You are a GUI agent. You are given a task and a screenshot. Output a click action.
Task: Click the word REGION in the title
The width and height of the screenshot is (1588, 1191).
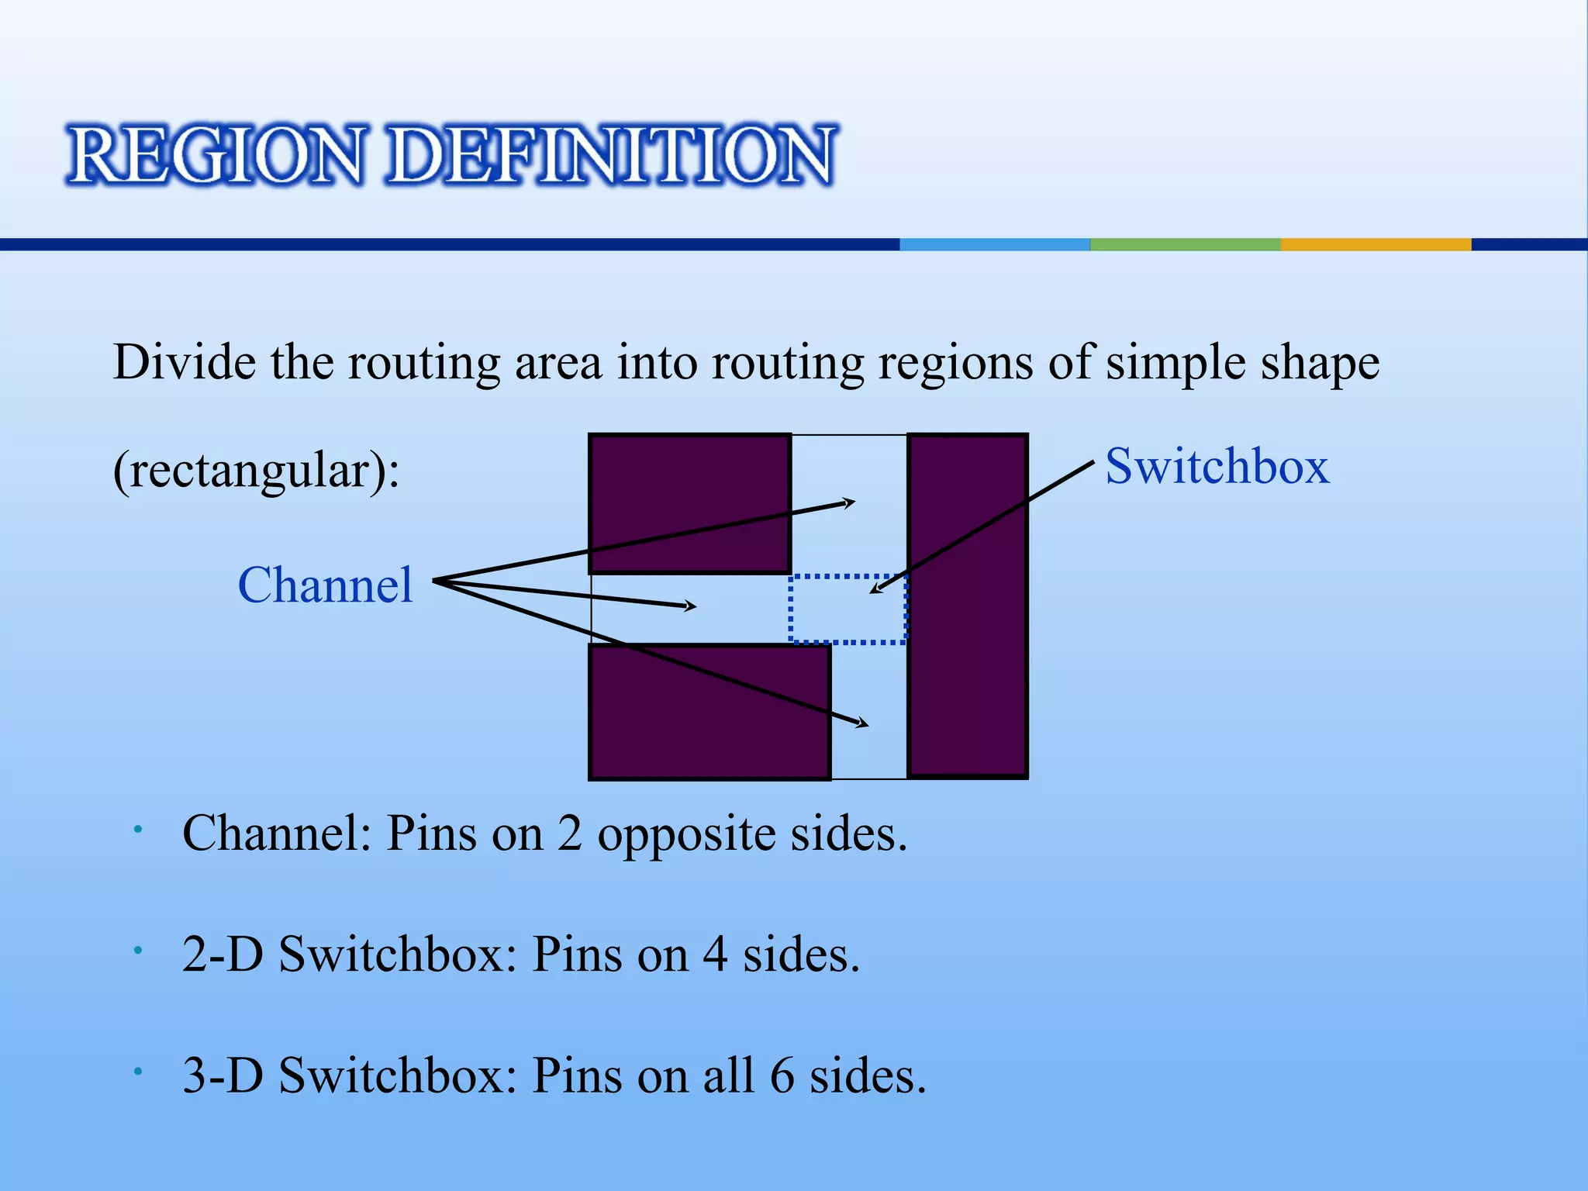tap(216, 155)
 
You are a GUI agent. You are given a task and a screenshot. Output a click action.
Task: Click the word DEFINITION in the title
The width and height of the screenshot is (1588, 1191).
tap(611, 155)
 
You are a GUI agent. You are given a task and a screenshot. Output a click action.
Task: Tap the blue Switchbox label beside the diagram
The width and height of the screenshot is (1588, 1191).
tap(1217, 467)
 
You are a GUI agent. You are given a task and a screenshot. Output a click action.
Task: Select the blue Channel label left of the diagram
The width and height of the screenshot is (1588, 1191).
tap(325, 585)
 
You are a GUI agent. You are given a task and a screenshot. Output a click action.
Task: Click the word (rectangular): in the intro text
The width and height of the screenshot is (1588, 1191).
tap(256, 470)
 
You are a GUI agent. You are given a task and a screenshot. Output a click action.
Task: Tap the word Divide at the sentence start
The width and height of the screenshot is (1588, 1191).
tap(184, 362)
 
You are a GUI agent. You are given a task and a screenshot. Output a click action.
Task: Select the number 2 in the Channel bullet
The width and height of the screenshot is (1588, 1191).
tap(569, 834)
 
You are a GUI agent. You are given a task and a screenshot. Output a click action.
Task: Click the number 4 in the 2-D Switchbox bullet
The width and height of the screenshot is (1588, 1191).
tap(715, 955)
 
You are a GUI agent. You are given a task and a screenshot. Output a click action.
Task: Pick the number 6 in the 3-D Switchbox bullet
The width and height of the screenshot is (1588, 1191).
tap(782, 1076)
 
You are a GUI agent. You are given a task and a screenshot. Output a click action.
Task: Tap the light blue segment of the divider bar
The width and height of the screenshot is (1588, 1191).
tap(995, 244)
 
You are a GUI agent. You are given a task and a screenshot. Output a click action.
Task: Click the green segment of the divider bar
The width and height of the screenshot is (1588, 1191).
tap(1185, 244)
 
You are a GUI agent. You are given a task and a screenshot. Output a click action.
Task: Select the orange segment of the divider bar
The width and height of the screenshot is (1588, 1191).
tap(1376, 244)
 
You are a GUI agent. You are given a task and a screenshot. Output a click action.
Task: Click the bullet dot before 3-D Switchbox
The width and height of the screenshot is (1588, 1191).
tap(137, 1072)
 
